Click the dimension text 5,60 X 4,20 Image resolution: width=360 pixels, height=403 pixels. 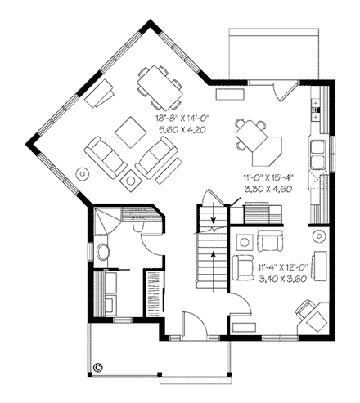[183, 128]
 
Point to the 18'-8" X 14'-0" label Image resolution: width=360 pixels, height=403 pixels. [183, 119]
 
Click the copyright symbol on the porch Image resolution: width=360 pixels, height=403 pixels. [97, 367]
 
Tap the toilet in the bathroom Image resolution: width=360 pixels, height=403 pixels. [102, 253]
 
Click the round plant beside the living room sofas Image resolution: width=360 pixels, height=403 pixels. [82, 173]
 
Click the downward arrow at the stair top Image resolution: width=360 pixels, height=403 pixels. [214, 217]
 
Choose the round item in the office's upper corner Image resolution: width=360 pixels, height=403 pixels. [319, 235]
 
